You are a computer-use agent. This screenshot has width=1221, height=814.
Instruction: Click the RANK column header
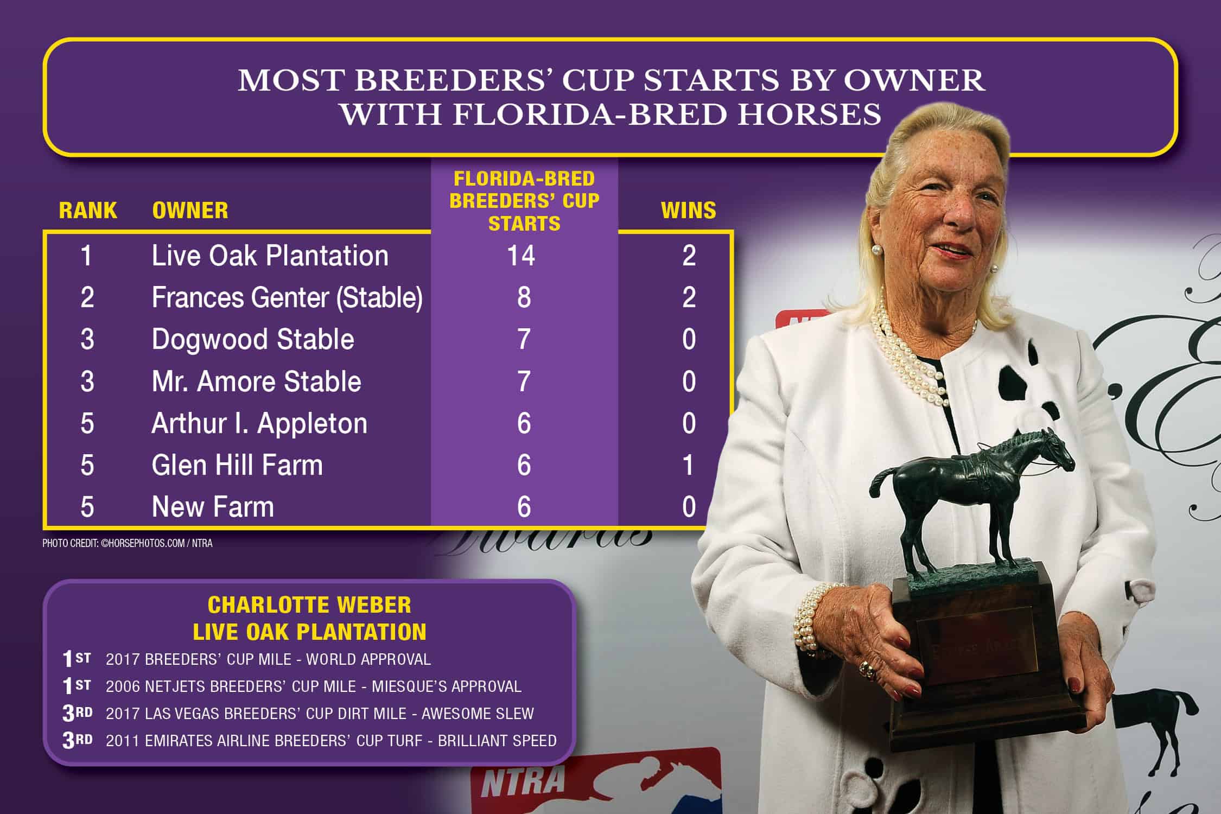tap(88, 211)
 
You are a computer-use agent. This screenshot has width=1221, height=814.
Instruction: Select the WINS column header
tap(689, 211)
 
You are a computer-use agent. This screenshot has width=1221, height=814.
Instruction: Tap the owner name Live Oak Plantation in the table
tap(270, 256)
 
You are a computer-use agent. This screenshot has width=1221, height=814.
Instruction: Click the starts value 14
tap(521, 256)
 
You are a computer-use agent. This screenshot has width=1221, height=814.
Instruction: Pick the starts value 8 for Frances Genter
tap(524, 297)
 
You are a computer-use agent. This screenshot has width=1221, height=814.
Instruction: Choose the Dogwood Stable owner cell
tap(253, 340)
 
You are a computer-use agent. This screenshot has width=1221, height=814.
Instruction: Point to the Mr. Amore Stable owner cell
tap(256, 381)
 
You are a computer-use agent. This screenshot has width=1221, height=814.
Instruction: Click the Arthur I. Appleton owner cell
tap(259, 423)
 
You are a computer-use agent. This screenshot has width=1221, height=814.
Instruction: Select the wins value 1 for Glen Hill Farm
tap(688, 465)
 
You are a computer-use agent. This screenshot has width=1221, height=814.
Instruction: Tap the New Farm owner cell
tap(213, 507)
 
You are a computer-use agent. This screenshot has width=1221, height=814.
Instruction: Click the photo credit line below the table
tap(128, 543)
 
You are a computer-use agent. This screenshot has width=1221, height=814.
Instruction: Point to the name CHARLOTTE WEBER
tap(309, 605)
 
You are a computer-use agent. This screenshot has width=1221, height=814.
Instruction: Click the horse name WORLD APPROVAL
tap(368, 659)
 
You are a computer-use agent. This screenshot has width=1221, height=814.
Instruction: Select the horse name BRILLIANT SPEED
tap(497, 741)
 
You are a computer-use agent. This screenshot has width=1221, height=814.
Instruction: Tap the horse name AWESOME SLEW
tap(478, 714)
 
